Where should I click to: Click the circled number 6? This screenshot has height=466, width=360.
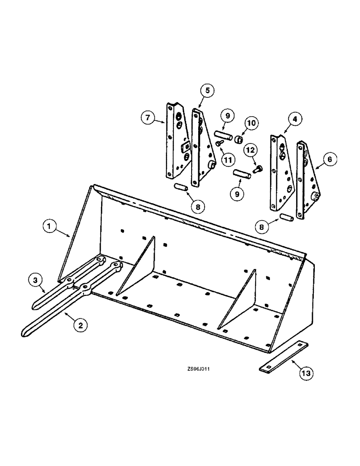click(x=329, y=159)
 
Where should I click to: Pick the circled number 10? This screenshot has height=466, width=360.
click(x=251, y=123)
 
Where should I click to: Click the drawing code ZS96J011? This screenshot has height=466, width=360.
click(x=201, y=368)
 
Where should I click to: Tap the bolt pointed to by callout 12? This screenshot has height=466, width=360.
click(x=257, y=170)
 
